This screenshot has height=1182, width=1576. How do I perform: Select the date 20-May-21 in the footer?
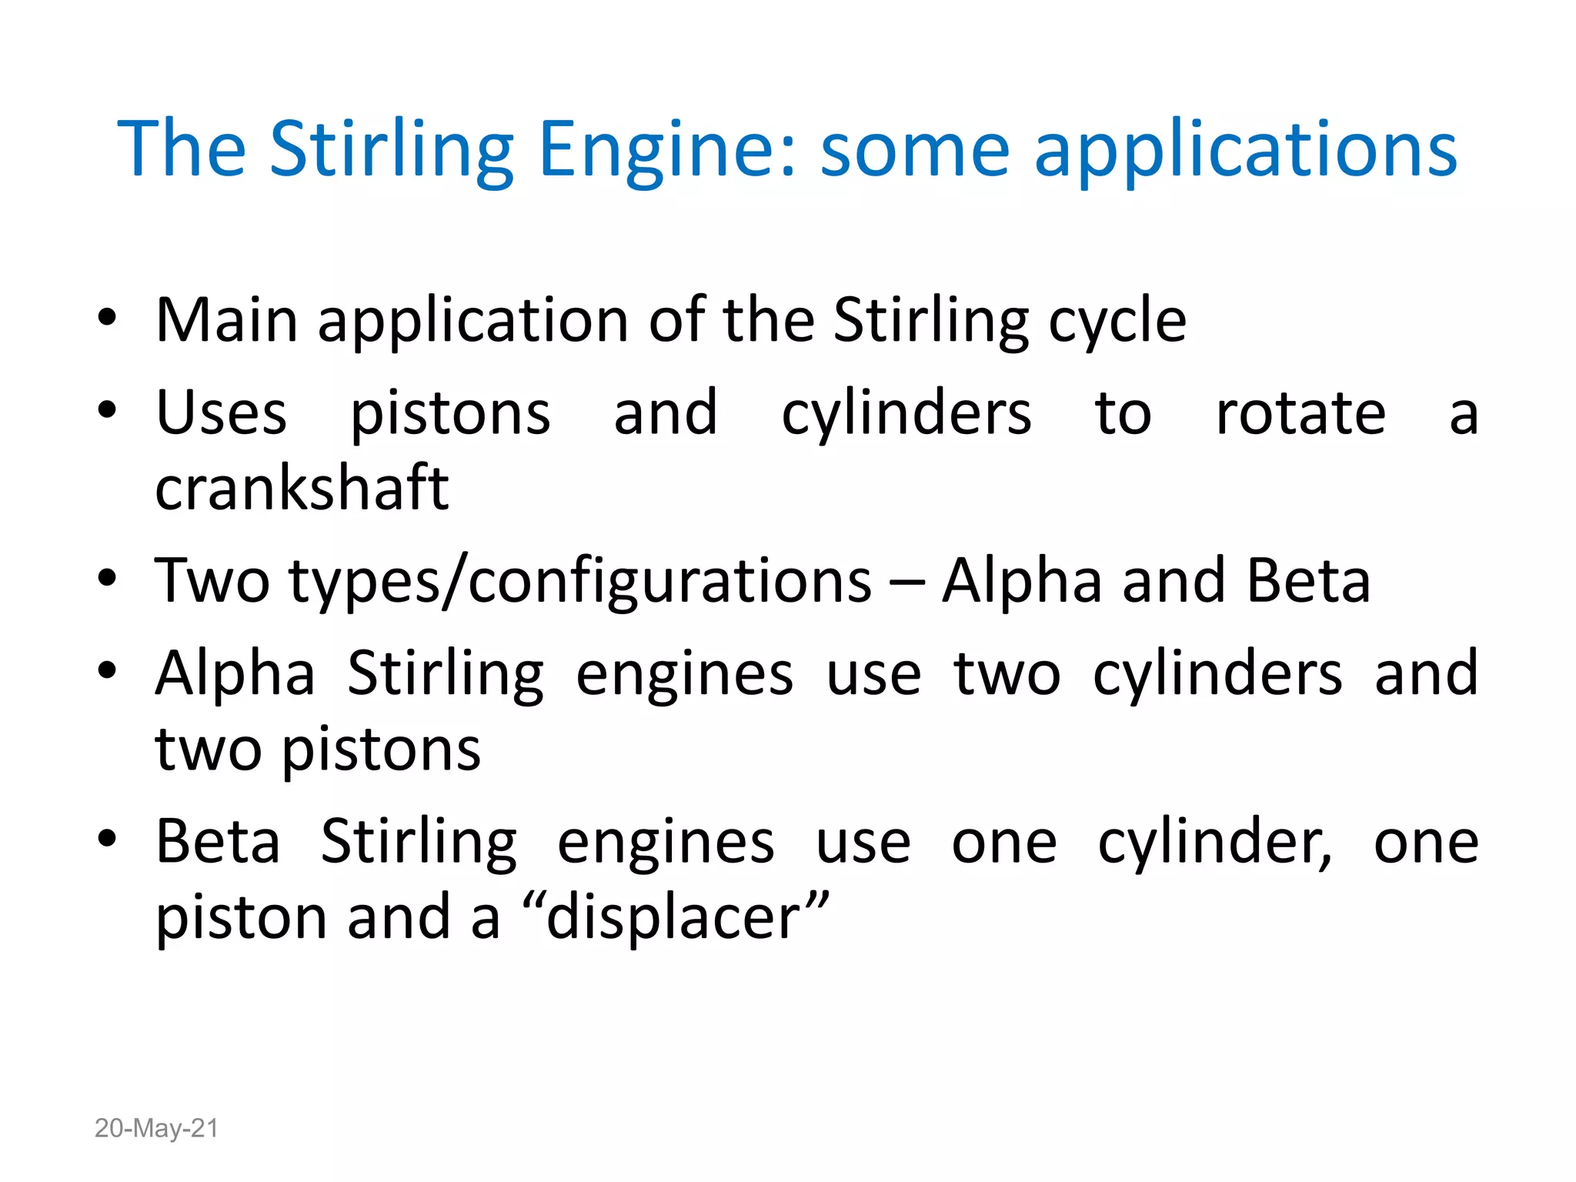coord(156,1128)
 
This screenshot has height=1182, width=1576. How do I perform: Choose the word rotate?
coord(1301,414)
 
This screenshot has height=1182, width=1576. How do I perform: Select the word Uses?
coord(222,414)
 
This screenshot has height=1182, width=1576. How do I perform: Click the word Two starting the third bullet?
coord(212,582)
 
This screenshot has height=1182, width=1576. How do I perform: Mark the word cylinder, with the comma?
coord(1214,843)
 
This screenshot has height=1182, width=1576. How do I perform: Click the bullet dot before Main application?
coord(107,317)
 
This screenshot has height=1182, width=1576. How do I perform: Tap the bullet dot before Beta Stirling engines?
coord(107,839)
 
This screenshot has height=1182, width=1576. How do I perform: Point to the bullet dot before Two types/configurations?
coord(107,578)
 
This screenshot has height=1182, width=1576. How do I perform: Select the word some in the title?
coord(914,149)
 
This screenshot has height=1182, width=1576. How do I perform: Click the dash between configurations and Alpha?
coord(907,583)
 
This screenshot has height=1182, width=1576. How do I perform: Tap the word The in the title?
coord(182,149)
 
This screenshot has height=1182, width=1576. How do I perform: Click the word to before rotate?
coord(1123,414)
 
